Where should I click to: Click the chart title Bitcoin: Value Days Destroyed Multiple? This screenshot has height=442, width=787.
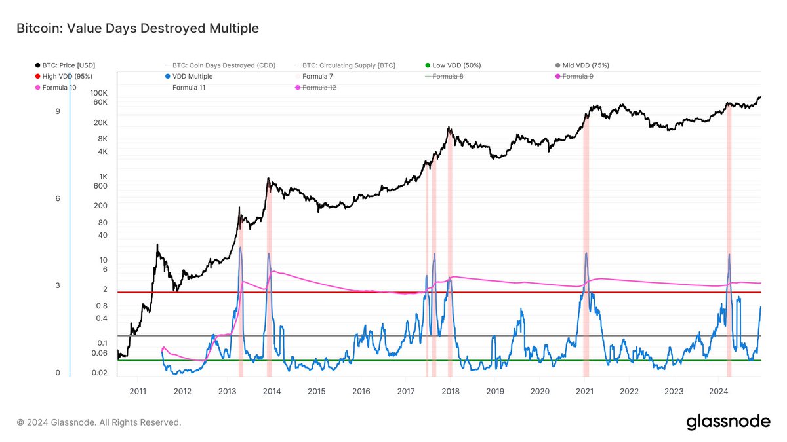tap(137, 28)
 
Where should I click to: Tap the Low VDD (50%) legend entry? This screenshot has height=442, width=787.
tap(456, 65)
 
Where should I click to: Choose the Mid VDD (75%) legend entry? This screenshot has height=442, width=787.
tap(586, 65)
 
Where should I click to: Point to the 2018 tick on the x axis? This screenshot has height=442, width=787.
tap(450, 392)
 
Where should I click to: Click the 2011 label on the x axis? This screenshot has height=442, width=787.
tap(138, 392)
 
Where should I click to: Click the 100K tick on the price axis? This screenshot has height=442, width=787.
tap(99, 93)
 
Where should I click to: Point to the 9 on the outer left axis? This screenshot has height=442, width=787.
tap(58, 111)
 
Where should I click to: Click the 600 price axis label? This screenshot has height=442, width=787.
tap(100, 186)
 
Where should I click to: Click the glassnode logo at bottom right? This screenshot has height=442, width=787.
tap(728, 422)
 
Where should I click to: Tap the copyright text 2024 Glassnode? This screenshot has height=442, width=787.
tap(98, 422)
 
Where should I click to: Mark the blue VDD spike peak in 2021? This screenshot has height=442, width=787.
tap(586, 253)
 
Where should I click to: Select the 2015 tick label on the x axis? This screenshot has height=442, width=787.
tap(316, 392)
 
